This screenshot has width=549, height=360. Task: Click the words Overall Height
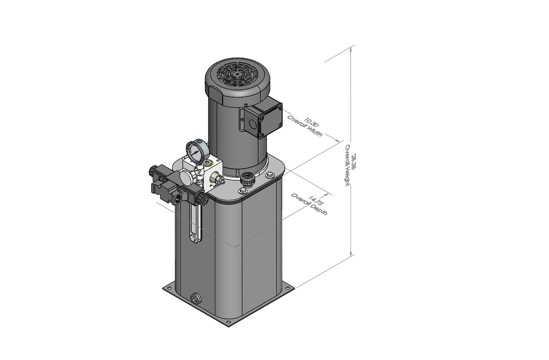click(x=347, y=166)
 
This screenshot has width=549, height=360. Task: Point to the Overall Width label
click(x=305, y=126)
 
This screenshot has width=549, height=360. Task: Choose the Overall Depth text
click(x=309, y=205)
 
